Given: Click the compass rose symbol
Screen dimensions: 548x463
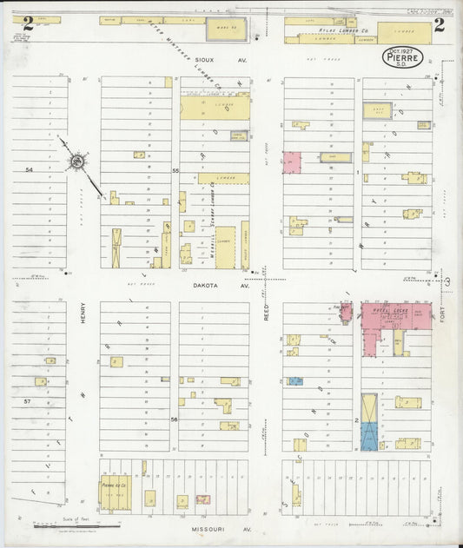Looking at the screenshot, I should (77, 160).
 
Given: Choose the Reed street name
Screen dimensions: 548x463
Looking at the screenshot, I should (267, 312).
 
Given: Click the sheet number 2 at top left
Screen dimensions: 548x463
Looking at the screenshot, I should (28, 23).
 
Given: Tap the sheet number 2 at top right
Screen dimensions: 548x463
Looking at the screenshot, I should (440, 23).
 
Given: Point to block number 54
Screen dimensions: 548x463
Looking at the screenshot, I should (29, 168).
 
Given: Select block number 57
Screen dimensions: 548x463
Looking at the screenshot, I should (29, 401).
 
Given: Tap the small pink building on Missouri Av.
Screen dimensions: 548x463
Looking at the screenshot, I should (202, 499).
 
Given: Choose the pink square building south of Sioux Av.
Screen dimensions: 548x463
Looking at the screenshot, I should (292, 162).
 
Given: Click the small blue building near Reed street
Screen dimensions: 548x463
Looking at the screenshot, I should (295, 381).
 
